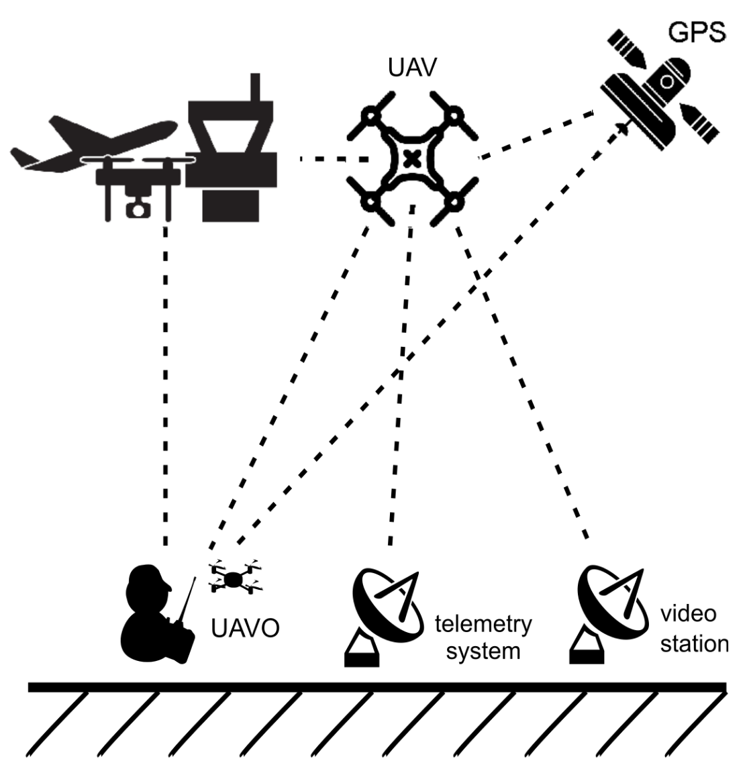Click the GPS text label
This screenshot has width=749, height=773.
pos(696,32)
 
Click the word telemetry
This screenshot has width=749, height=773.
pos(483,625)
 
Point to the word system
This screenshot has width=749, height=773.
pos(483,650)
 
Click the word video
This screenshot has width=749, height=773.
pos(688,613)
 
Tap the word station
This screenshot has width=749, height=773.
pos(694,643)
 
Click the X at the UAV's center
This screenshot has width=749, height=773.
pos(413,159)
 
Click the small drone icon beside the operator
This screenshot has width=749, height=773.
pos(236,578)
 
